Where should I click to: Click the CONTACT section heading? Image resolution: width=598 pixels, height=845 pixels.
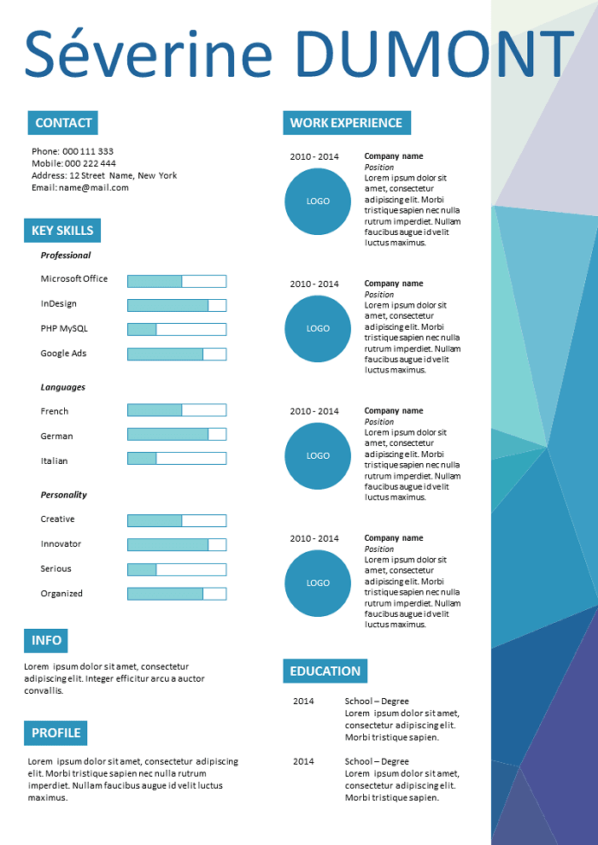click(63, 123)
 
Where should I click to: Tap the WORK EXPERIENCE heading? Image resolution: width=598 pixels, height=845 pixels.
click(347, 123)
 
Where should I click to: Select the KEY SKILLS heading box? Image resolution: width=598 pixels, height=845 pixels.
click(62, 231)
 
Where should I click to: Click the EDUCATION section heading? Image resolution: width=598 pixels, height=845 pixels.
click(325, 671)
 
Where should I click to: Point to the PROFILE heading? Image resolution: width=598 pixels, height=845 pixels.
click(56, 733)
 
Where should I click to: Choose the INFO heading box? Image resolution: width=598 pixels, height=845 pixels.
click(46, 640)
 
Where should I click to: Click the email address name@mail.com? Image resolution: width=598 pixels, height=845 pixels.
click(94, 187)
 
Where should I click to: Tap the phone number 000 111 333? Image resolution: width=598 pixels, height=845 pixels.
click(88, 151)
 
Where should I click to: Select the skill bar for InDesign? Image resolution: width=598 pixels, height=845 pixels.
click(177, 306)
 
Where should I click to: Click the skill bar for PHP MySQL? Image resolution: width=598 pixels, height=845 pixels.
click(177, 329)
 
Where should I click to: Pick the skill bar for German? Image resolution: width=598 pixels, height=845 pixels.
click(177, 434)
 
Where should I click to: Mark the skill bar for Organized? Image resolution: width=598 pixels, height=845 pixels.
click(177, 594)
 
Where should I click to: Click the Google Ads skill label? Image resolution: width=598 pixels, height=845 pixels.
click(63, 353)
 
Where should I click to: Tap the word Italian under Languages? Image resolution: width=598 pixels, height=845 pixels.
click(55, 461)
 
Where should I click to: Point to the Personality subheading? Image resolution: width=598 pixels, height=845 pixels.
click(63, 495)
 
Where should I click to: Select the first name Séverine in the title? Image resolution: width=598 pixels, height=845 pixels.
click(148, 53)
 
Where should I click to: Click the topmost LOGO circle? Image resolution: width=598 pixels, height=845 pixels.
click(318, 202)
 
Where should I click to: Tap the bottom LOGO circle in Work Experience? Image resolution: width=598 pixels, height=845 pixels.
click(318, 583)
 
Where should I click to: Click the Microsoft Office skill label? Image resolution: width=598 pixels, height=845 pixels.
click(74, 279)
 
